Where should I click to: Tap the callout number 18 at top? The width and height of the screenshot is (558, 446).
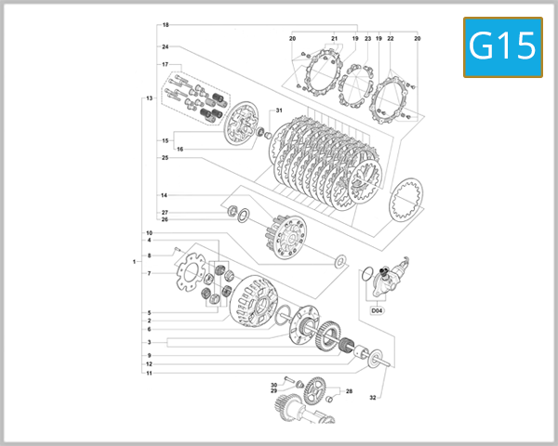click(x=166, y=24)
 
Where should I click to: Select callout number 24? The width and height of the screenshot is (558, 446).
click(x=165, y=46)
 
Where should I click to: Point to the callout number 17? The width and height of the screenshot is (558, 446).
click(x=165, y=65)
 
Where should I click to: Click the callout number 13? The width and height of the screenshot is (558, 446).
click(x=149, y=98)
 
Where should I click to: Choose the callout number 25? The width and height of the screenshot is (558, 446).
click(x=165, y=158)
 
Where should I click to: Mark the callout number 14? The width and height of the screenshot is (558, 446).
click(x=164, y=195)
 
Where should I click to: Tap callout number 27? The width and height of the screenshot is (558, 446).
click(x=165, y=213)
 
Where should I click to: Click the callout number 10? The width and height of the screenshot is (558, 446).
click(x=149, y=232)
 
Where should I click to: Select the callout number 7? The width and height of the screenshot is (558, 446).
click(x=149, y=273)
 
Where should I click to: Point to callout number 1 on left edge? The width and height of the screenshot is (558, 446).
click(x=135, y=262)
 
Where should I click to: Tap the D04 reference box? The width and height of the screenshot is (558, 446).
click(x=378, y=310)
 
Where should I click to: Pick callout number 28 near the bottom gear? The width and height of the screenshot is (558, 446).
click(x=349, y=391)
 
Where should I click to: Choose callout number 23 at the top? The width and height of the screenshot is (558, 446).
click(x=367, y=38)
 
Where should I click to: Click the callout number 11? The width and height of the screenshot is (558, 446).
click(x=149, y=373)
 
